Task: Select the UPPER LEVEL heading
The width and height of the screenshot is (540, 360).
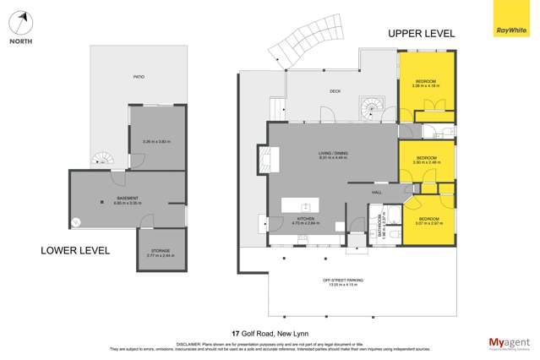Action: (x=421, y=34)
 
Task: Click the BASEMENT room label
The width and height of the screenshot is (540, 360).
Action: (x=127, y=199)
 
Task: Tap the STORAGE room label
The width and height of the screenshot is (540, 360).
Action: (x=161, y=251)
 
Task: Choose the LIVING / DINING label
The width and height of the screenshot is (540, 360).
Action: (x=334, y=153)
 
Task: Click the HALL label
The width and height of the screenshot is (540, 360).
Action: (x=376, y=193)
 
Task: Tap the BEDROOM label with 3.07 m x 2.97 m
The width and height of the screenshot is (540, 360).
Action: (x=430, y=220)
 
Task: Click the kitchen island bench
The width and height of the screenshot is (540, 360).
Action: (x=300, y=205)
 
